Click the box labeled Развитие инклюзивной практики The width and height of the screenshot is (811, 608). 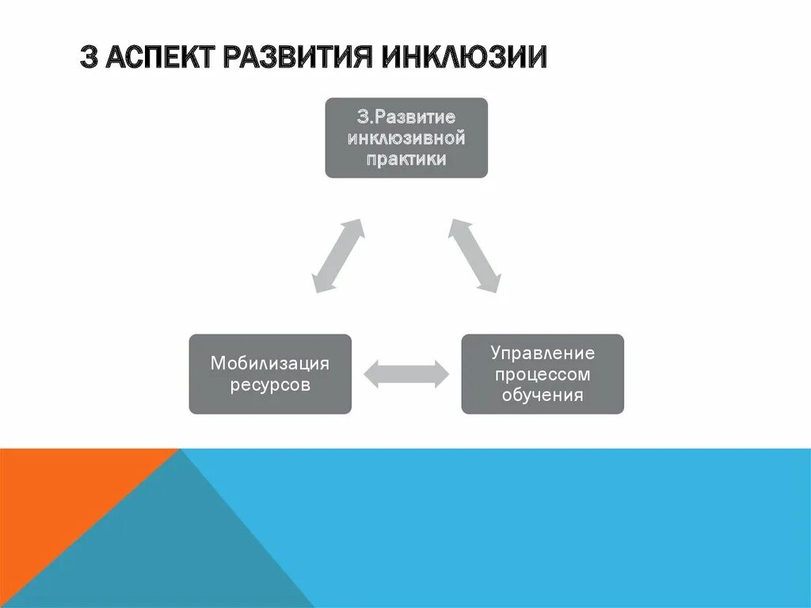(x=406, y=137)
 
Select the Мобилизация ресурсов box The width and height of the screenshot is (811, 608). (x=269, y=374)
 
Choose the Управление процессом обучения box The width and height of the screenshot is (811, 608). (x=543, y=374)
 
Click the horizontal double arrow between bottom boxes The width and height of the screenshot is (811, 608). (x=406, y=374)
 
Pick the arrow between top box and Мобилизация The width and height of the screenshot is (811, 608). (x=338, y=255)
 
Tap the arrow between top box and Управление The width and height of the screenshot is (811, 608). (x=475, y=255)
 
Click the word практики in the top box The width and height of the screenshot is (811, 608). (x=406, y=159)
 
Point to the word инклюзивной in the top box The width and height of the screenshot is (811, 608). (x=406, y=138)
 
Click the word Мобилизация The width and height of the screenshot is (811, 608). (x=269, y=364)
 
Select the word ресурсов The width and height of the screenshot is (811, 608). (x=269, y=385)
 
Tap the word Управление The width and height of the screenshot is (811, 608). (x=543, y=353)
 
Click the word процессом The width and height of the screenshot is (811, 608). (x=543, y=373)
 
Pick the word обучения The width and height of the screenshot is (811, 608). (x=543, y=394)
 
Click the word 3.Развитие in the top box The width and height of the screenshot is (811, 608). (x=406, y=117)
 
